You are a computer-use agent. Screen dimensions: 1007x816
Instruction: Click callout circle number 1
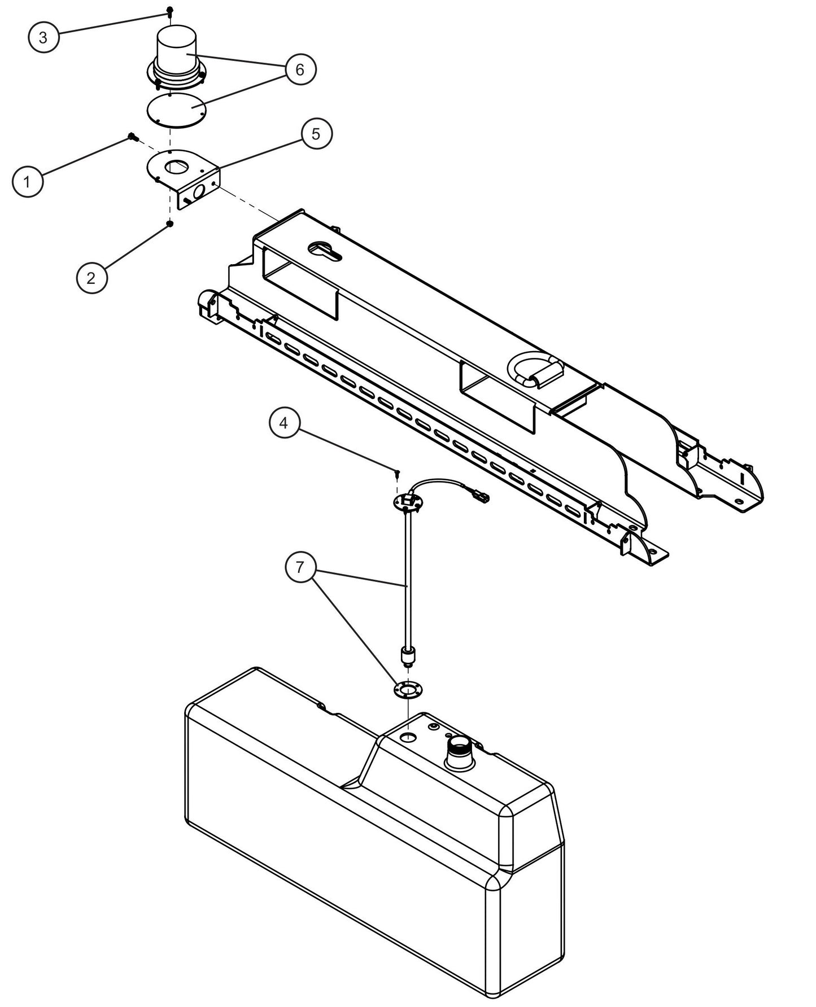[x=27, y=182]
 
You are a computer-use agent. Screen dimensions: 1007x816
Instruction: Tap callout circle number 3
[x=43, y=38]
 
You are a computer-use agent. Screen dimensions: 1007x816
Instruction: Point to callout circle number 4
[x=284, y=423]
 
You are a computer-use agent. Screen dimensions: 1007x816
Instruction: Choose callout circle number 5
[x=316, y=134]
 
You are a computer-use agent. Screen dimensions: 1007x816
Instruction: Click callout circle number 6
[x=300, y=69]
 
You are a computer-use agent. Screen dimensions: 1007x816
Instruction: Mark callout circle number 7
[x=300, y=566]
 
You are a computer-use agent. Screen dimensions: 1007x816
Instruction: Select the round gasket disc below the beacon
[x=175, y=110]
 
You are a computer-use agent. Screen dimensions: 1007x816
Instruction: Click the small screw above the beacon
[x=169, y=11]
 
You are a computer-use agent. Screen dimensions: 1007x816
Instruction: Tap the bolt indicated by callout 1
[x=132, y=137]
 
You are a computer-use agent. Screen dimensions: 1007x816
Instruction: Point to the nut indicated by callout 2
[x=169, y=224]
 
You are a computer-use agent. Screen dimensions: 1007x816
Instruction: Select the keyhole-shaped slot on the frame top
[x=324, y=251]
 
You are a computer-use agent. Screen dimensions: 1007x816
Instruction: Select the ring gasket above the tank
[x=407, y=689]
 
